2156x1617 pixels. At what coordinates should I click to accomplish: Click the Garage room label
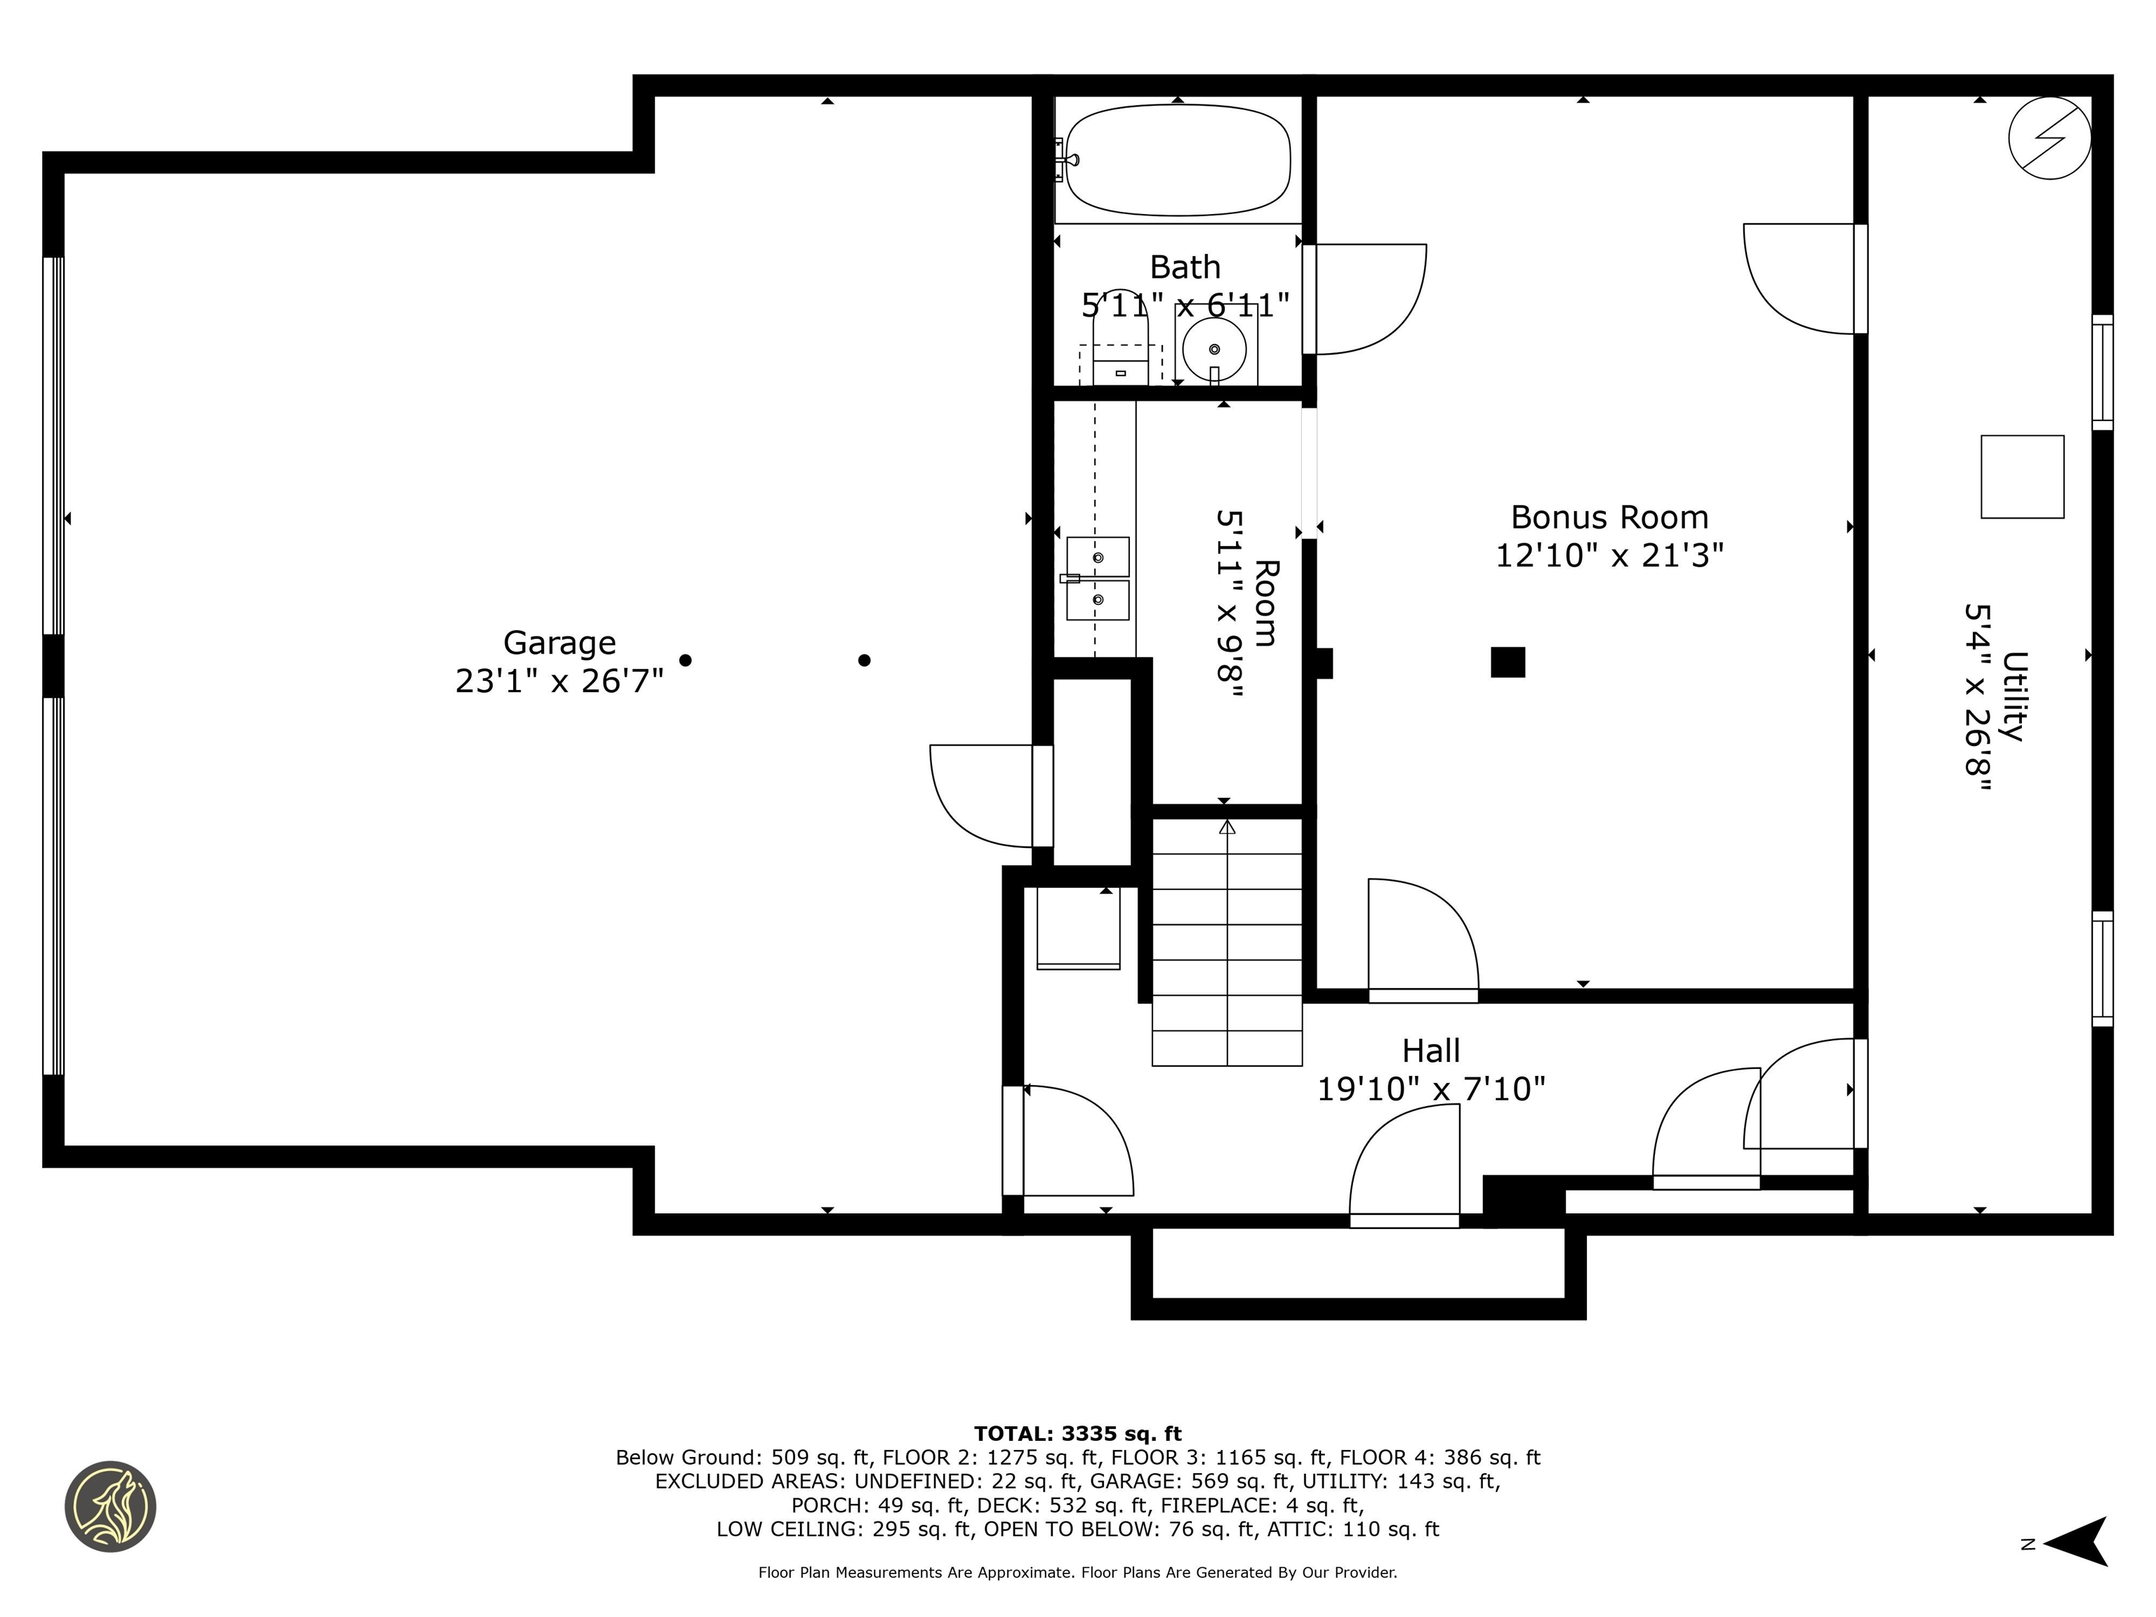coord(559,642)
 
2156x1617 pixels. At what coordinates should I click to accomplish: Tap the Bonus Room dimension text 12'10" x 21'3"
coord(1609,556)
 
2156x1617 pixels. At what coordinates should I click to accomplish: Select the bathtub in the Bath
coord(1178,160)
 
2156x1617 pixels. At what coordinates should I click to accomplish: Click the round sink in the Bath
coord(1213,349)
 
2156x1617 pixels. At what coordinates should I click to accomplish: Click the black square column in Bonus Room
coord(1507,662)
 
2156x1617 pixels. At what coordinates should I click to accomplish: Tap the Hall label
coord(1431,1051)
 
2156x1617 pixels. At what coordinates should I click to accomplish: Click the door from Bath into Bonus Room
coord(1364,298)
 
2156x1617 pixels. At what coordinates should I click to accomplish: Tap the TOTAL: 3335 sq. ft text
coord(1077,1434)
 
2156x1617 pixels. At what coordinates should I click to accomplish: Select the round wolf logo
coord(110,1506)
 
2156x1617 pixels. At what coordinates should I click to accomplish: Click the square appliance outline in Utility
coord(2021,477)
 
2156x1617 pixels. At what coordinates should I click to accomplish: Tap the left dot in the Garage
coord(685,660)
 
